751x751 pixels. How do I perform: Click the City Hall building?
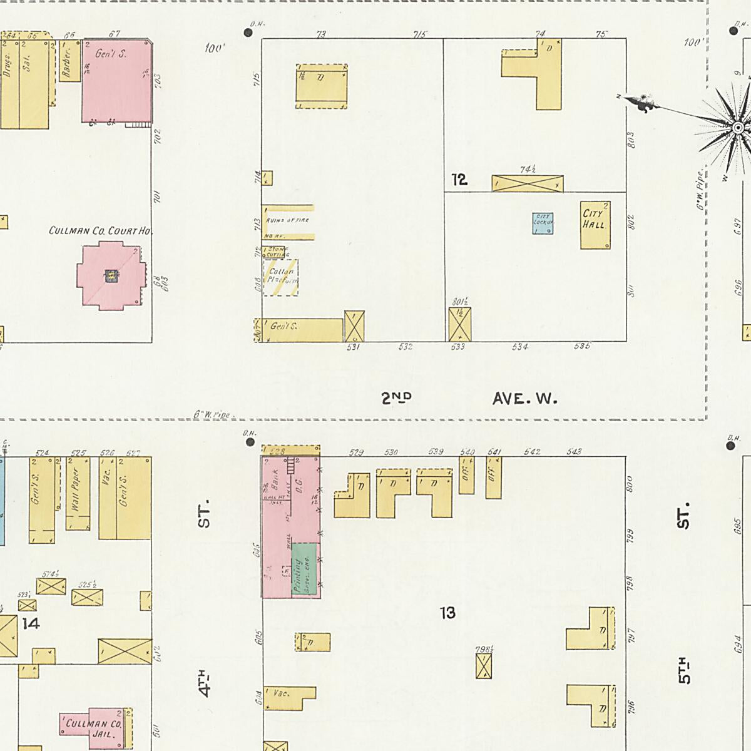pyautogui.click(x=595, y=225)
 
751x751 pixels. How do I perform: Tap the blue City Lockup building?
pyautogui.click(x=543, y=223)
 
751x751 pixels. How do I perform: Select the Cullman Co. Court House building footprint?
pyautogui.click(x=111, y=277)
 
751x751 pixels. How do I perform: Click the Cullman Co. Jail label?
pyautogui.click(x=94, y=729)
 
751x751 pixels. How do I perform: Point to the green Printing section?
pyautogui.click(x=305, y=570)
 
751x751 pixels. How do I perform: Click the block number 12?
pyautogui.click(x=459, y=180)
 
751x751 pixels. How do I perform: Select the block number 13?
pyautogui.click(x=447, y=613)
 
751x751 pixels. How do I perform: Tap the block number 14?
pyautogui.click(x=31, y=623)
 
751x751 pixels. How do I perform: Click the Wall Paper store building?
pyautogui.click(x=78, y=494)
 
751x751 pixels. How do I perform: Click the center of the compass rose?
pyautogui.click(x=738, y=128)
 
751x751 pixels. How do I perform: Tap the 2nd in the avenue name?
pyautogui.click(x=397, y=397)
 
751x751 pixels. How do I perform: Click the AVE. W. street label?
pyautogui.click(x=524, y=398)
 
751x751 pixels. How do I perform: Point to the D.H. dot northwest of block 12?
pyautogui.click(x=248, y=32)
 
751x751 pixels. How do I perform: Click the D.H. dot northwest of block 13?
pyautogui.click(x=250, y=442)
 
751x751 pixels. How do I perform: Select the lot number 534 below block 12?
pyautogui.click(x=520, y=347)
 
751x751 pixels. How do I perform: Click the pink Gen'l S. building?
pyautogui.click(x=117, y=81)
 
